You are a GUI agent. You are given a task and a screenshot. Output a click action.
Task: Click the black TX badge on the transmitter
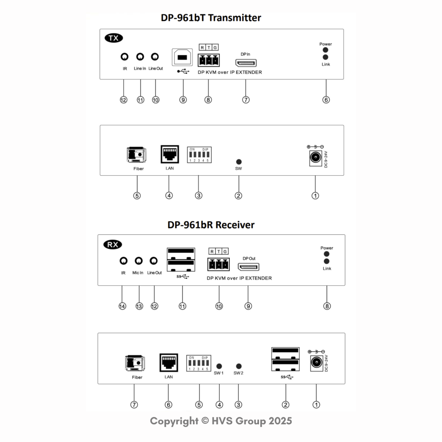click(114, 38)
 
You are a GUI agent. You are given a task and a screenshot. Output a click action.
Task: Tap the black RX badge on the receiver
click(113, 245)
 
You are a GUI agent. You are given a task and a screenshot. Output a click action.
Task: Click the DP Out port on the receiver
click(249, 267)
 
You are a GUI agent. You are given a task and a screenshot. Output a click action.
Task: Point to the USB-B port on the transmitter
click(183, 57)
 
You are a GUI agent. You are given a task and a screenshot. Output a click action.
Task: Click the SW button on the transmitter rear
click(238, 161)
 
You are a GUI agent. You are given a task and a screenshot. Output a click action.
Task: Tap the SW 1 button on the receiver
click(219, 366)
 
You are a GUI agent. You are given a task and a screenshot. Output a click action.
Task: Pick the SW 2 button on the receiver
click(238, 366)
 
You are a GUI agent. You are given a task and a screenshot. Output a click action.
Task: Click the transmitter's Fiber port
click(136, 155)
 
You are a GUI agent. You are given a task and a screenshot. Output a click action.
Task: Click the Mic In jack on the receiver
click(139, 261)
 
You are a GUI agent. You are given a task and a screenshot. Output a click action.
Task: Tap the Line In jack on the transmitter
click(140, 57)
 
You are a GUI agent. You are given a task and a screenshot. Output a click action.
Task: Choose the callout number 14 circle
click(123, 306)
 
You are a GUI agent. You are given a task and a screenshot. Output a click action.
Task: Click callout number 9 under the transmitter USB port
click(183, 100)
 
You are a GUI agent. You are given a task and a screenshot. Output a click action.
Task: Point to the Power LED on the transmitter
click(325, 50)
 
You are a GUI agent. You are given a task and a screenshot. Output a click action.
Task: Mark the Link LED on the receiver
click(327, 261)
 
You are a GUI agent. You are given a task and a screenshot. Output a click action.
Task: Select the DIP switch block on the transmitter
click(199, 155)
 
